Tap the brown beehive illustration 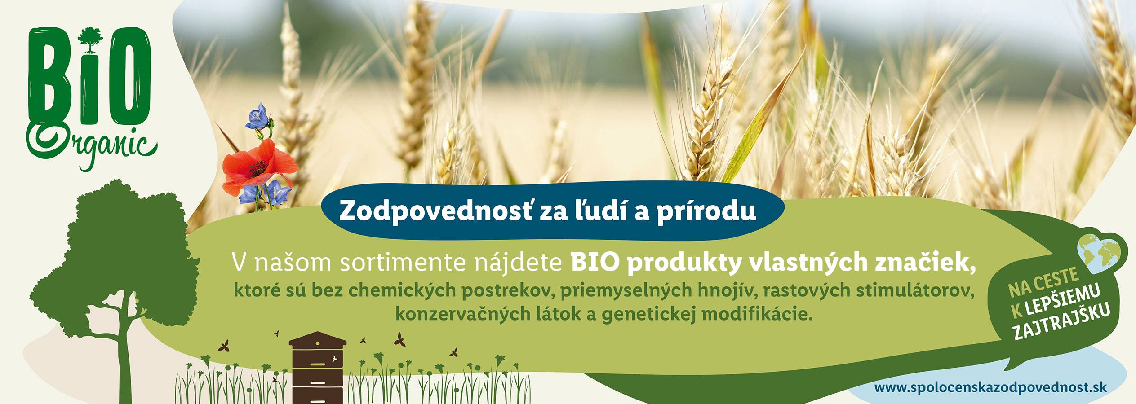(318, 368)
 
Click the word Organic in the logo (92, 144)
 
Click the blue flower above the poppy (259, 116)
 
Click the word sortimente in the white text (405, 263)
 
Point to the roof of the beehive (318, 338)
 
